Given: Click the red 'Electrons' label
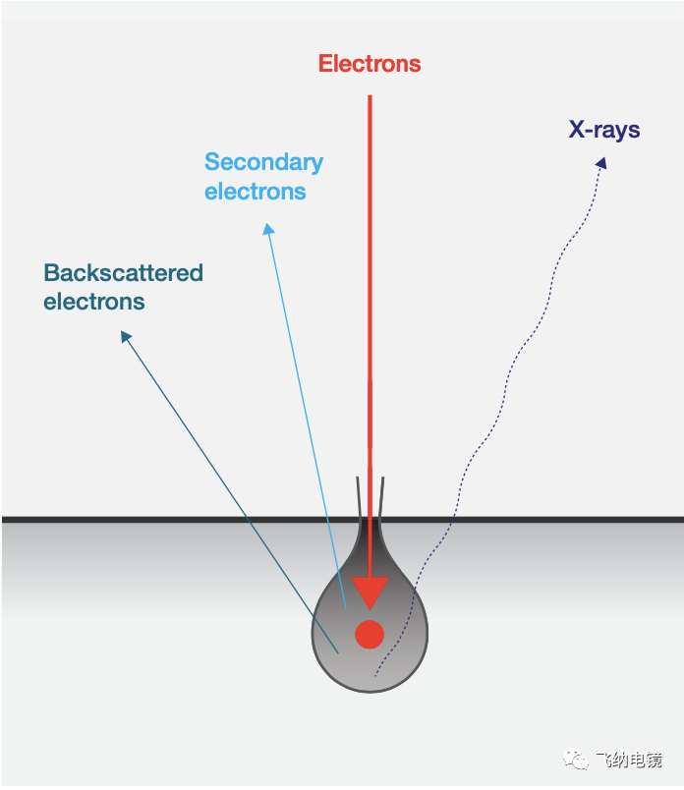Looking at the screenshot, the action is point(370,64).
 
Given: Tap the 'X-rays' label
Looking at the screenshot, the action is point(604,130).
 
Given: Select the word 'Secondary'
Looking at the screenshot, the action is point(263,162).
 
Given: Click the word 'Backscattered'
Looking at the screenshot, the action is point(124,272).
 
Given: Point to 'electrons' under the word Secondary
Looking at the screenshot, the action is point(256,192).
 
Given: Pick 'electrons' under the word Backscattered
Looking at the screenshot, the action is point(94,302).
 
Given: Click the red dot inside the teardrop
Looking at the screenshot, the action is point(370,635).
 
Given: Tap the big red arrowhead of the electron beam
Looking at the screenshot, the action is point(370,592).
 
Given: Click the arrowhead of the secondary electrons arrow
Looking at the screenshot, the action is point(268,229).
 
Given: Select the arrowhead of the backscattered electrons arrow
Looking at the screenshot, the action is point(126,336).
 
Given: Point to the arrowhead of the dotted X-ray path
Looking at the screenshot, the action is point(601,163).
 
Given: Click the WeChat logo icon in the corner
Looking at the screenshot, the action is point(576,759).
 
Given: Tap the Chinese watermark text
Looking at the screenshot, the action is point(628,760).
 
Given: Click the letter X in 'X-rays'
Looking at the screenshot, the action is point(577,129).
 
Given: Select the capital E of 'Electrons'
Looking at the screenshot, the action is point(325,64).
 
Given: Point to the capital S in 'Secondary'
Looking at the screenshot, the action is point(211,162).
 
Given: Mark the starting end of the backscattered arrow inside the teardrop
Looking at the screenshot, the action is point(338,653).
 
